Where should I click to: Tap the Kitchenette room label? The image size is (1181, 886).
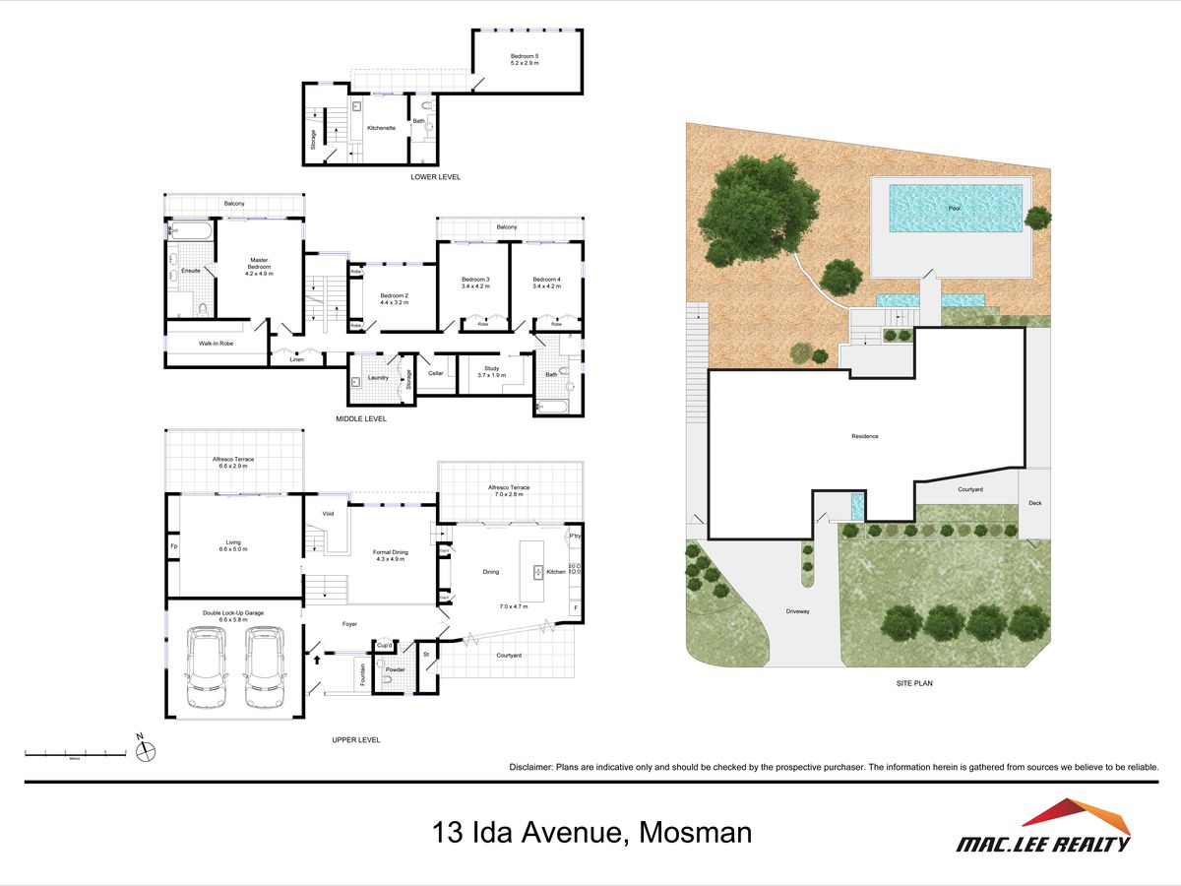point(381,128)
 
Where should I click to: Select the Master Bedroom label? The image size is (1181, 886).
point(258,266)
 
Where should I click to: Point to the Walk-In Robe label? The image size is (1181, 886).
point(215,344)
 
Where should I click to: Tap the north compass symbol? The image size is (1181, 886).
point(145,752)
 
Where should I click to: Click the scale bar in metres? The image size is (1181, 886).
point(75,754)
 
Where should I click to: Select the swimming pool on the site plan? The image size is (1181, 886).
point(954,208)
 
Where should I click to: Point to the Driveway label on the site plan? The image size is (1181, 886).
point(797,611)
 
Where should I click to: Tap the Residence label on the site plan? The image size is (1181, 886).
point(865,436)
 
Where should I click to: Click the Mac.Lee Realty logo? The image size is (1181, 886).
point(1044,828)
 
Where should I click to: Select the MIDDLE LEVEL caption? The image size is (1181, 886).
point(361,418)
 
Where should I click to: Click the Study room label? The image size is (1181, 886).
point(491,371)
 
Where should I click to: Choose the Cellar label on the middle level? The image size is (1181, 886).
point(435,373)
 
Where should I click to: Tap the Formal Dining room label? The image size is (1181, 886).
point(391,555)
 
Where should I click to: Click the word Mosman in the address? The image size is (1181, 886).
point(695,833)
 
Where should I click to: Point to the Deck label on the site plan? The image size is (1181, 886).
point(1034,503)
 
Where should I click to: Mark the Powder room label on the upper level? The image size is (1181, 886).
point(396,669)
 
